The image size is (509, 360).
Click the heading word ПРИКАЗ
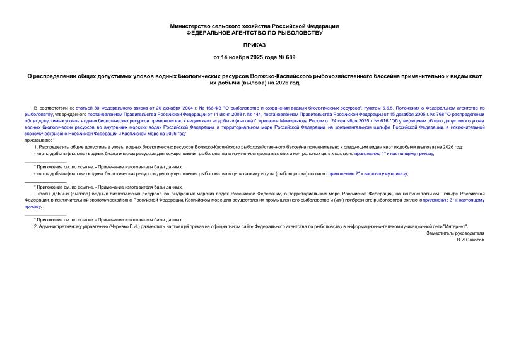[x=254, y=46]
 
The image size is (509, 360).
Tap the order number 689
[x=274, y=57]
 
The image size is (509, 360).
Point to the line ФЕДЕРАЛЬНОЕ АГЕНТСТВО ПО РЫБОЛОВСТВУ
[x=254, y=32]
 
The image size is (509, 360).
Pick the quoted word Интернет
[x=454, y=226]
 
